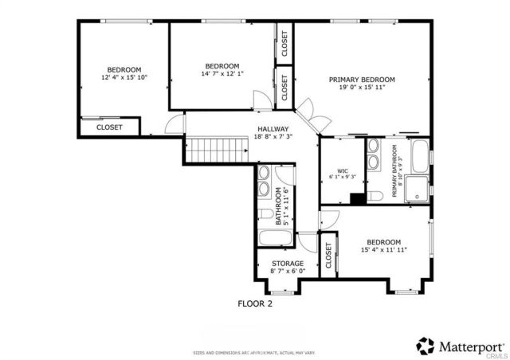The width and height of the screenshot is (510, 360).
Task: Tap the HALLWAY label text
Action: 273,128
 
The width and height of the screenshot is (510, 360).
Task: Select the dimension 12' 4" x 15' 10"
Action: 124,78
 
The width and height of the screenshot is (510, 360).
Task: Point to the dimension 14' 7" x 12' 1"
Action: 222,74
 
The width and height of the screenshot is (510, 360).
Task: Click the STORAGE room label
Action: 287,263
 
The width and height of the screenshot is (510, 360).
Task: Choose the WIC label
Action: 343,170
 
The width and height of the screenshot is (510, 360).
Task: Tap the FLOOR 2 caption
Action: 256,303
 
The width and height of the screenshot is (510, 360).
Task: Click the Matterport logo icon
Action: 426,345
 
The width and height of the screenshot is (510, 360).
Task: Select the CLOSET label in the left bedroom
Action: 109,127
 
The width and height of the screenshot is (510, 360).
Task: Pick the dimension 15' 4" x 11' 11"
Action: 383,250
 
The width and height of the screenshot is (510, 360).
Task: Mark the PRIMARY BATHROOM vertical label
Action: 394,175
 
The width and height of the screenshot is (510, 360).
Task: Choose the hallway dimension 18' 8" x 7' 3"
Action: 273,137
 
